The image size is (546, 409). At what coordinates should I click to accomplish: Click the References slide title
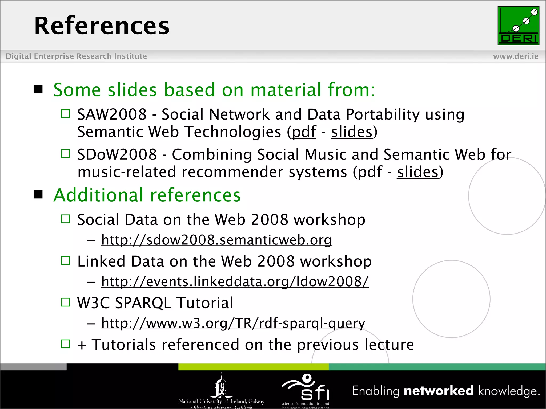102,26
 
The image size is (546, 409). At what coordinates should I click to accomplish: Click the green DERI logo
518,26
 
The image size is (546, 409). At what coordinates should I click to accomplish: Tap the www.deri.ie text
516,56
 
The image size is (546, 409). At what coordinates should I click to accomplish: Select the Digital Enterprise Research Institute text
76,56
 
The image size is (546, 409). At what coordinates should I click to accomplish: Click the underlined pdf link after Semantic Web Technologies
304,132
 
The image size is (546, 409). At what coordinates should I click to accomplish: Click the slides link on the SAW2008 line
352,132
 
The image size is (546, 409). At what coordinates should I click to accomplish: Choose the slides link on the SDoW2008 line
417,172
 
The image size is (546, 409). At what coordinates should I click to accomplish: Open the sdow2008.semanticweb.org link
216,240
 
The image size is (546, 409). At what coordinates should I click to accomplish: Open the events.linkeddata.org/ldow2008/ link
235,281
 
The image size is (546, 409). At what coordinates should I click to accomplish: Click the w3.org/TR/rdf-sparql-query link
233,323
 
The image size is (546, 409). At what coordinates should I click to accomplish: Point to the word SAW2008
112,114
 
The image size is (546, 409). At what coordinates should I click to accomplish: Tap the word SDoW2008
117,155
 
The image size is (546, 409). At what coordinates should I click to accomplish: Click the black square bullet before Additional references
38,194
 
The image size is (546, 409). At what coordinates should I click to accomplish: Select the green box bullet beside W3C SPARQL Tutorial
65,302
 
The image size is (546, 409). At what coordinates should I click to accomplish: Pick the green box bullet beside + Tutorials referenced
65,344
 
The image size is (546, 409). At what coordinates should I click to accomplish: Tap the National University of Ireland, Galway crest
221,386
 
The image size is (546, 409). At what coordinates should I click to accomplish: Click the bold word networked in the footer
439,391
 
